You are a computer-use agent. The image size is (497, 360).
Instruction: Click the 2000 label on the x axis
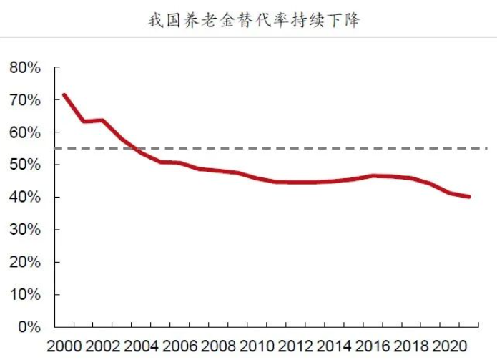click(x=64, y=348)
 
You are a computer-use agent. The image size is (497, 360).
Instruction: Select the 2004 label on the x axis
click(x=142, y=348)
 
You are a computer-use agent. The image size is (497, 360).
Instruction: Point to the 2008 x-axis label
click(x=220, y=348)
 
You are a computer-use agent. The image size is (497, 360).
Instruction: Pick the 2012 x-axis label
click(x=297, y=348)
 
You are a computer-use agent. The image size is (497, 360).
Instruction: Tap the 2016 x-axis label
click(x=375, y=348)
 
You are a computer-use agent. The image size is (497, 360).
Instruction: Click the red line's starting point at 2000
click(x=64, y=95)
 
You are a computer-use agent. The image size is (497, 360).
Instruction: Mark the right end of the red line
click(x=469, y=197)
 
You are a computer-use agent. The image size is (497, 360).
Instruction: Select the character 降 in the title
click(x=351, y=19)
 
